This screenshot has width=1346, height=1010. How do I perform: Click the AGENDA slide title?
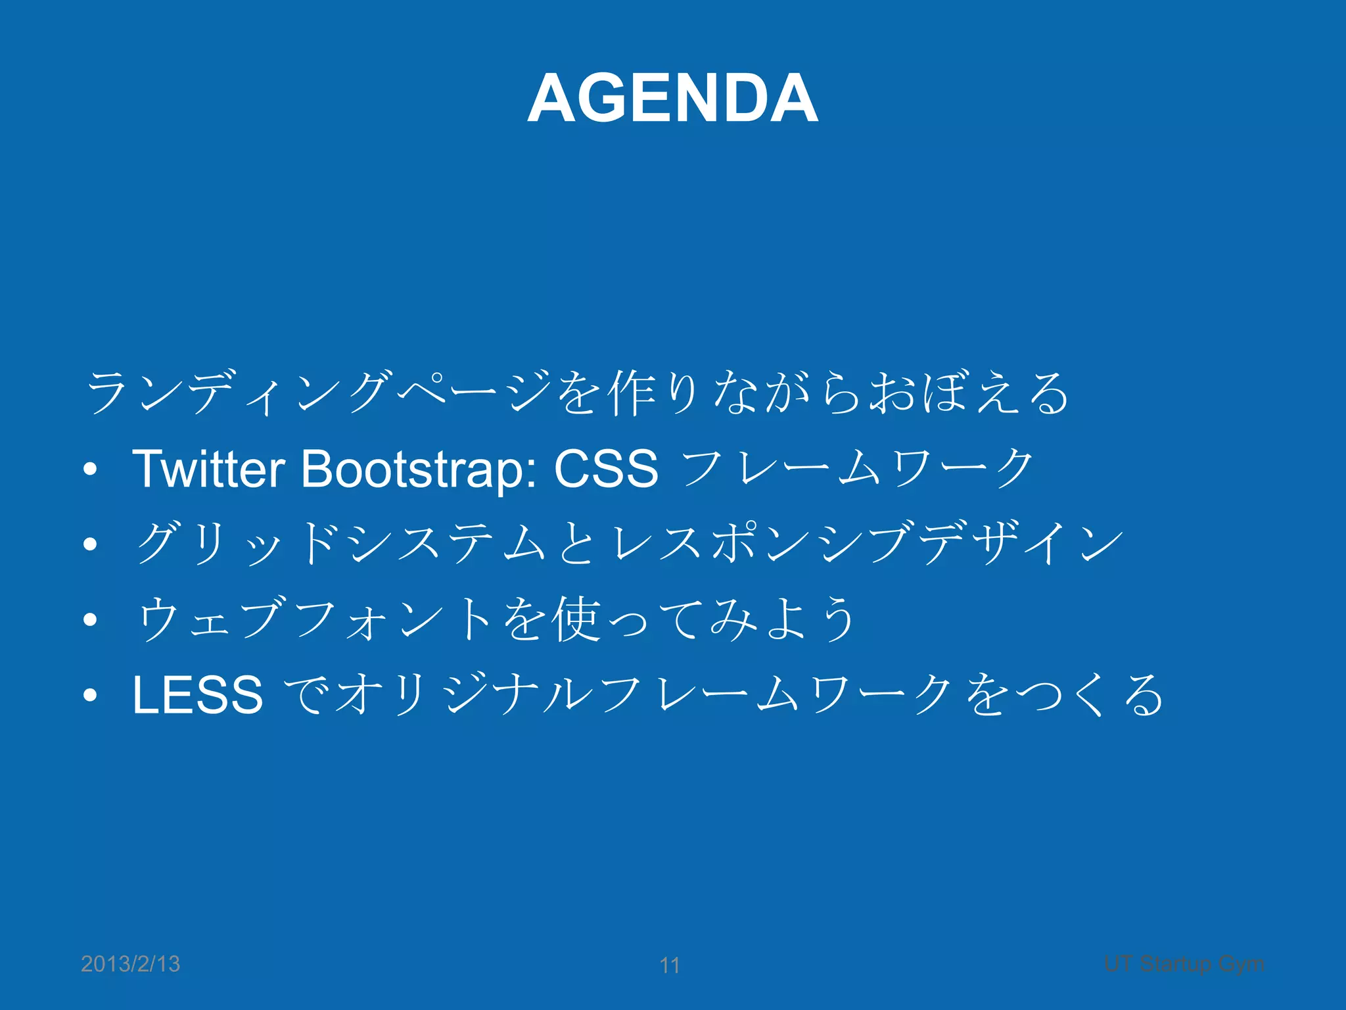pos(672,99)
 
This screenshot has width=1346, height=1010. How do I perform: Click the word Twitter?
pos(208,469)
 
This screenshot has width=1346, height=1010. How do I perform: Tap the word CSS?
pos(605,469)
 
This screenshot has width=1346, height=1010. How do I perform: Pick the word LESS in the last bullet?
pos(197,695)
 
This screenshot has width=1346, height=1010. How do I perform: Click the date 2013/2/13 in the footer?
pos(130,964)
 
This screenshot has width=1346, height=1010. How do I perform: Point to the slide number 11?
pos(670,965)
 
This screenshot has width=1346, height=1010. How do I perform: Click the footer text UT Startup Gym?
pos(1184,964)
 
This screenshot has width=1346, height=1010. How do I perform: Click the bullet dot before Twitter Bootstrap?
pos(91,469)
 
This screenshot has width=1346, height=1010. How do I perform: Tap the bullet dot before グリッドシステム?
pos(91,544)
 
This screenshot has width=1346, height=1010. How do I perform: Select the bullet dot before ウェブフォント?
pos(91,619)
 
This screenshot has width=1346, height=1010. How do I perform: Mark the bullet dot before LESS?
pos(91,695)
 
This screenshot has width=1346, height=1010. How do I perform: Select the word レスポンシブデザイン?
pos(868,544)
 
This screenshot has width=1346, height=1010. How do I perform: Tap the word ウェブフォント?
pos(315,619)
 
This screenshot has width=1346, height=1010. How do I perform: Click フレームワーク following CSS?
pos(858,469)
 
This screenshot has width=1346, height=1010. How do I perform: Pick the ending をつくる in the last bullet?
pos(1065,695)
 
